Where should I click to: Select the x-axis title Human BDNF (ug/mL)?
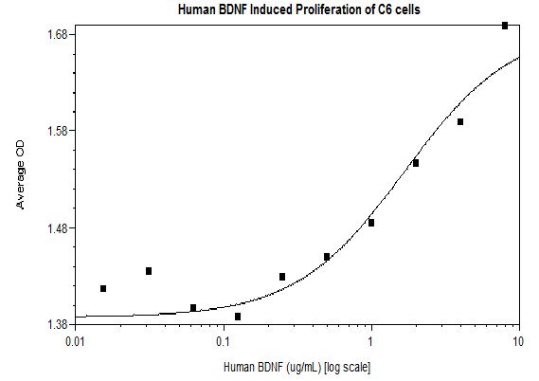[296, 366]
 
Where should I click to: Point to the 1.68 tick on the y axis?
[56, 35]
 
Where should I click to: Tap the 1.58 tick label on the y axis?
[56, 131]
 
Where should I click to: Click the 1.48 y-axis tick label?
[56, 228]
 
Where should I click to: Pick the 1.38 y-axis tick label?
[56, 325]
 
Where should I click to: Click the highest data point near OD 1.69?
[505, 26]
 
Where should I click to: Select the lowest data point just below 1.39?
[238, 317]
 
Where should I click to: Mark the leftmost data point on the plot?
[103, 288]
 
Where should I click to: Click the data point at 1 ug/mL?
[371, 223]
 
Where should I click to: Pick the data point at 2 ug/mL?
[416, 163]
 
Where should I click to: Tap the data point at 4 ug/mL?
[460, 121]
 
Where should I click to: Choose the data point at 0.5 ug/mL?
[327, 257]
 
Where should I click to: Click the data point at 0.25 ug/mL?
[282, 277]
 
